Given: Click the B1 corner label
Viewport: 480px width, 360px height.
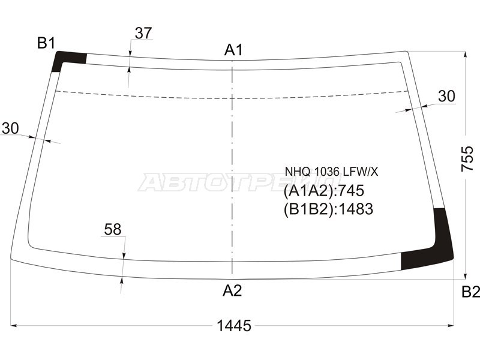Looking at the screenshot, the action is tap(46, 43).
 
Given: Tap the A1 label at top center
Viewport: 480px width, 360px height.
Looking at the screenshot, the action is tap(233, 50).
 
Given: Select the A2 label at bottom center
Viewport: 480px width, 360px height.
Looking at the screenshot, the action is tap(232, 290).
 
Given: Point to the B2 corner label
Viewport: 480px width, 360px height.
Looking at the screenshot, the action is tap(470, 292).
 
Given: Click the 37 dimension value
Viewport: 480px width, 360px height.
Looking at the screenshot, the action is tap(143, 33).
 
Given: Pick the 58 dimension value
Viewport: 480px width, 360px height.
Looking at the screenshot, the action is tap(113, 229).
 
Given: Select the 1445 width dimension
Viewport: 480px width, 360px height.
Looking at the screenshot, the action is tap(234, 325).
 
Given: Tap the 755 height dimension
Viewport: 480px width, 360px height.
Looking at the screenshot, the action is tap(467, 158).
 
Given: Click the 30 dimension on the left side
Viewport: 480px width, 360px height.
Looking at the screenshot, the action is tap(10, 128).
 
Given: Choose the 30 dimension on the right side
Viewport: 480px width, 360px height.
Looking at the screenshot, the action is tap(446, 96).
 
